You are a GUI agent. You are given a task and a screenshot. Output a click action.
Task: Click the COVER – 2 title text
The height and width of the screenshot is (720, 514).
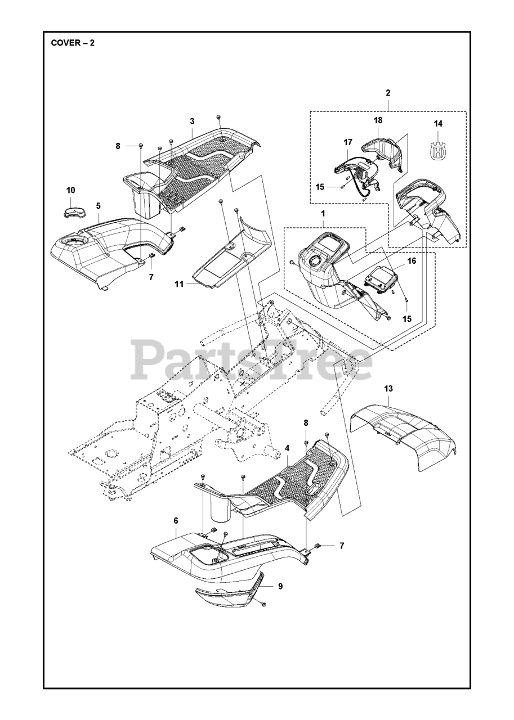(x=73, y=43)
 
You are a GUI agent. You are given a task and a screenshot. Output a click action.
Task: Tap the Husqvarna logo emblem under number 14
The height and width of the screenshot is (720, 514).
(x=438, y=150)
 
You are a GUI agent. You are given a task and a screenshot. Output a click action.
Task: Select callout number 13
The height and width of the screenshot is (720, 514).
(x=389, y=389)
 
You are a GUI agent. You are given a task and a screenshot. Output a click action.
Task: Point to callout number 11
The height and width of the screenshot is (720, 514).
(x=179, y=285)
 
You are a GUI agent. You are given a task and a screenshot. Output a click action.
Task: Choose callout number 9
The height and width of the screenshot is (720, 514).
(x=280, y=586)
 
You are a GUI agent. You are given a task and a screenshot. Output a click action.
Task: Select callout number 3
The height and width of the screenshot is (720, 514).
(x=192, y=121)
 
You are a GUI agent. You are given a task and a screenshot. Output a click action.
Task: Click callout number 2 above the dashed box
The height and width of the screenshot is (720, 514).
(x=388, y=93)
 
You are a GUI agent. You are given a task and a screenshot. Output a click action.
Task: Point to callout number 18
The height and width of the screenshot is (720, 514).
(x=378, y=121)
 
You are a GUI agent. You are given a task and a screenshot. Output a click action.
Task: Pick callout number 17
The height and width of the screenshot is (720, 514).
(x=347, y=143)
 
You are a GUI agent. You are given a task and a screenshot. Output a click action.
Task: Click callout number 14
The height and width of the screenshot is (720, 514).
(x=438, y=124)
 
